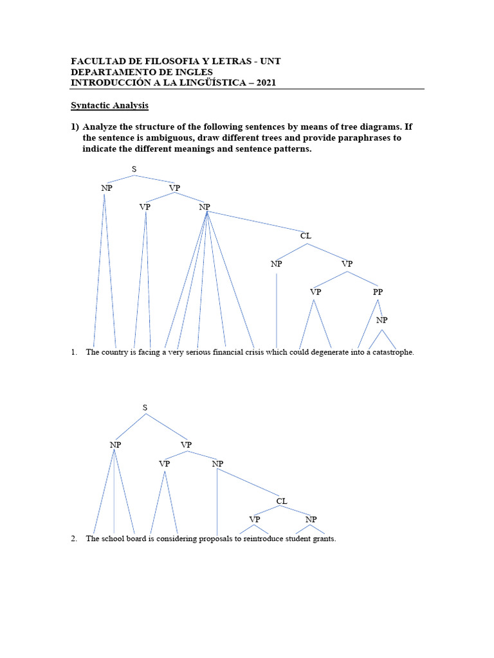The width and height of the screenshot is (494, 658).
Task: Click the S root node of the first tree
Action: pyautogui.click(x=134, y=169)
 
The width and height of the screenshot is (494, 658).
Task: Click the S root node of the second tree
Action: pyautogui.click(x=145, y=407)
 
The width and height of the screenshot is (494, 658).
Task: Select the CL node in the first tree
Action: pyautogui.click(x=306, y=236)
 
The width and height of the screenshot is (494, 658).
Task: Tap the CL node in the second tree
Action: pyautogui.click(x=282, y=501)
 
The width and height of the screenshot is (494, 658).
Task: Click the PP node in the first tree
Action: pyautogui.click(x=378, y=292)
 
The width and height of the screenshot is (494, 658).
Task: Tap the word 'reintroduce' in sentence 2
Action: pyautogui.click(x=262, y=538)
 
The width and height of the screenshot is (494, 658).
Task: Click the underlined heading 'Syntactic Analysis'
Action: pyautogui.click(x=109, y=105)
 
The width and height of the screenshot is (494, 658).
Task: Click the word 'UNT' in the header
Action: pyautogui.click(x=271, y=61)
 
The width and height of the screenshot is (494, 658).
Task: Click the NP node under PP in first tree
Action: pyautogui.click(x=382, y=320)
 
